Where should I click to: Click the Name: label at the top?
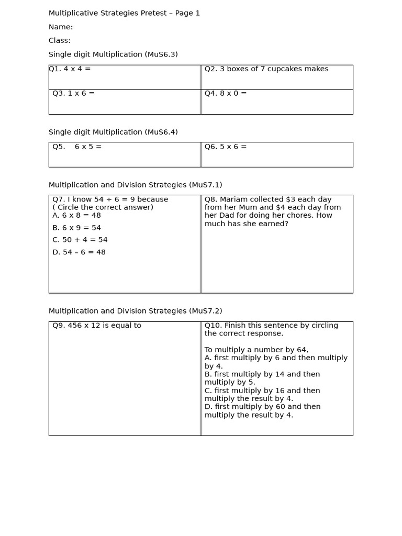61,27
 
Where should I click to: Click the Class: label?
60,41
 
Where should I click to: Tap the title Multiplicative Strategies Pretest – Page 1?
124,13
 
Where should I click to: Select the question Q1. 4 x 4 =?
70,69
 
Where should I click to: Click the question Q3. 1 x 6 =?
73,94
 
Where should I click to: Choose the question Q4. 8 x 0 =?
226,94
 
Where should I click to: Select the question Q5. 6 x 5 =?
77,147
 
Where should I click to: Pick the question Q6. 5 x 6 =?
226,147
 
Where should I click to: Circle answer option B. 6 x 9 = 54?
76,228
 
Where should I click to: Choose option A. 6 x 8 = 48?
76,216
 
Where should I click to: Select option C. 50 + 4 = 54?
80,240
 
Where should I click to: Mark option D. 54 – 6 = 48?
79,252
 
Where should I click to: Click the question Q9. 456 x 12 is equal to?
97,326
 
